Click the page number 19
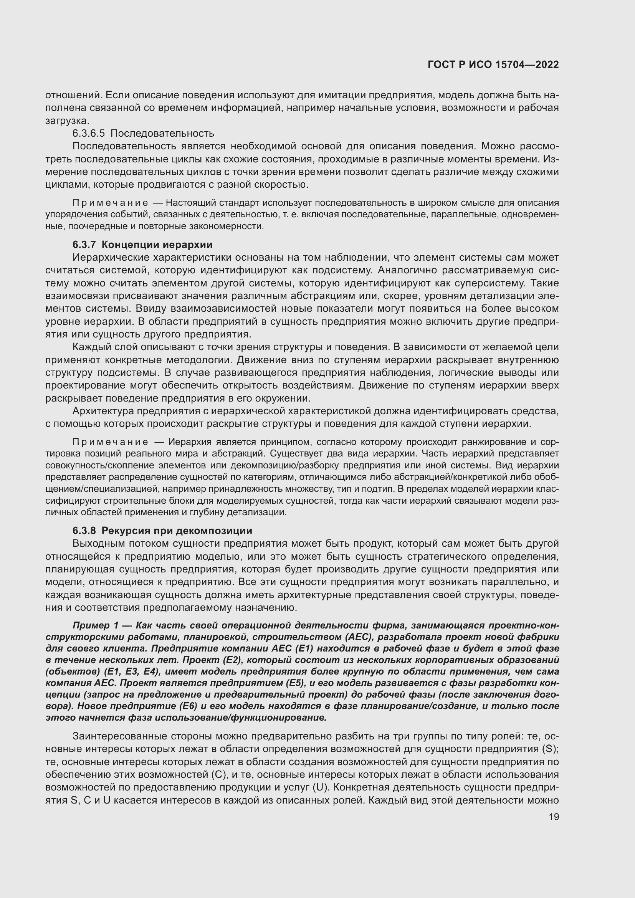pyautogui.click(x=554, y=817)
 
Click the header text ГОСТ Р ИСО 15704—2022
pyautogui.click(x=493, y=64)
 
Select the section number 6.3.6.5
pyautogui.click(x=88, y=133)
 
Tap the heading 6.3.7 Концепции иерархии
pyautogui.click(x=142, y=245)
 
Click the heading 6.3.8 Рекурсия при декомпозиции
pyautogui.click(x=162, y=531)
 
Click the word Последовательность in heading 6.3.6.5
pyautogui.click(x=162, y=133)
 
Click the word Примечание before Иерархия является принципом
pyautogui.click(x=110, y=442)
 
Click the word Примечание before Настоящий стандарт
pyautogui.click(x=110, y=203)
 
